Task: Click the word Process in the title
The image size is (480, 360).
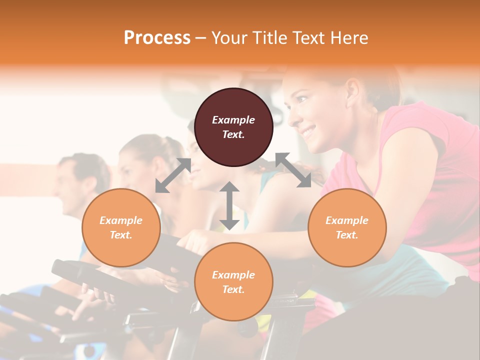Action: [x=157, y=38]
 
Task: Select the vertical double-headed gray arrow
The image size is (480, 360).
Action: [x=229, y=205]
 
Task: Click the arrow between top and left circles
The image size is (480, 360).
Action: [x=173, y=175]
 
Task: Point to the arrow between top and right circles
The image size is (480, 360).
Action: [x=293, y=170]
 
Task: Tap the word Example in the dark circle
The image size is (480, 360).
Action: [x=233, y=120]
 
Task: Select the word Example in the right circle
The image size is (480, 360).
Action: [x=347, y=220]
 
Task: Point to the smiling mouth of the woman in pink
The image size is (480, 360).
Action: [x=308, y=132]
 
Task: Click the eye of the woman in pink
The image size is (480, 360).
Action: [x=302, y=99]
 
